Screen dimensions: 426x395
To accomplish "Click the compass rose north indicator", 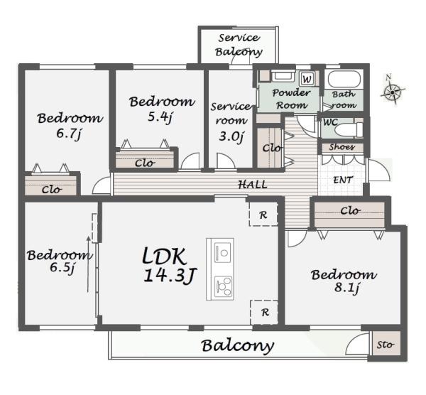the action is point(393,90).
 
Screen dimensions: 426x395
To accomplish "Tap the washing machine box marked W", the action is point(307,79).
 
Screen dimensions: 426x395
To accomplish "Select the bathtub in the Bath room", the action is point(344,79).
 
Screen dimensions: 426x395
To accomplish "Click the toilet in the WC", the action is point(349,129).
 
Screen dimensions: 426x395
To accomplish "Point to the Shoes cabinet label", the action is point(342,147).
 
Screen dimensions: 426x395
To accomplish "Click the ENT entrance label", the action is point(343,180).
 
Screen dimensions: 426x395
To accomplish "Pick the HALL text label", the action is point(253,185).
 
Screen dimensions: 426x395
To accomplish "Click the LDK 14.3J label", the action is point(169,265).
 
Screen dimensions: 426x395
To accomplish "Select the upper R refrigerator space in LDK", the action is point(263,214).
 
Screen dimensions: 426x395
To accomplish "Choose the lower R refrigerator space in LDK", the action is point(264,312).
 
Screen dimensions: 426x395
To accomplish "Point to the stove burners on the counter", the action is point(224,286).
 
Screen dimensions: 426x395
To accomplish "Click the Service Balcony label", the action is point(239,45).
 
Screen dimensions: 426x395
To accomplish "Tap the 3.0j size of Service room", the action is point(231,136).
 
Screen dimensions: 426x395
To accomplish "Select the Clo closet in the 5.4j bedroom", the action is point(145,160).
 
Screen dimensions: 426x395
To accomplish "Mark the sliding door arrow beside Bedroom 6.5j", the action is point(88,264).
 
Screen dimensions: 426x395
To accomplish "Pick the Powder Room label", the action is point(291,99).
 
